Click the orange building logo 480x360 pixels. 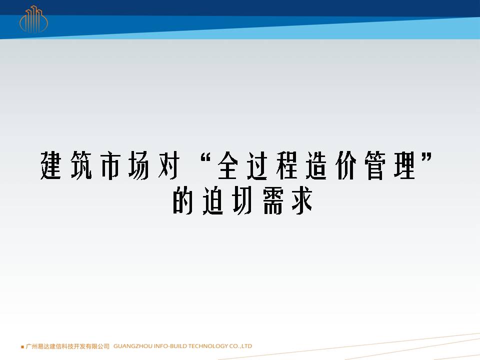coord(33,19)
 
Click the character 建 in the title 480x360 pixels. coord(51,165)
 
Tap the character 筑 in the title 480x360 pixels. coord(81,165)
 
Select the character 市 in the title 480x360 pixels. coord(110,165)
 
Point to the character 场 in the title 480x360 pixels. coord(139,165)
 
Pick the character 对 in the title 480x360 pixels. coord(168,165)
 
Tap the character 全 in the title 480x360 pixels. coord(228,165)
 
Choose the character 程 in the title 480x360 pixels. coord(287,165)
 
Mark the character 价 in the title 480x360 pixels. coord(346,165)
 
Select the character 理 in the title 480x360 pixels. coord(404,165)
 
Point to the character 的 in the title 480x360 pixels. coord(183,200)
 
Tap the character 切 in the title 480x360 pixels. coord(242,200)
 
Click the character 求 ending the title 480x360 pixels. coord(302,200)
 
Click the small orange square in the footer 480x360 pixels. coord(22,347)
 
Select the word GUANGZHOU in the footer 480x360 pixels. coord(133,346)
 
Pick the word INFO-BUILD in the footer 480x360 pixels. coord(170,346)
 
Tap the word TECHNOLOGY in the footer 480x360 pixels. coord(208,346)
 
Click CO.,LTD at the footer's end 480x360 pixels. coord(240,346)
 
